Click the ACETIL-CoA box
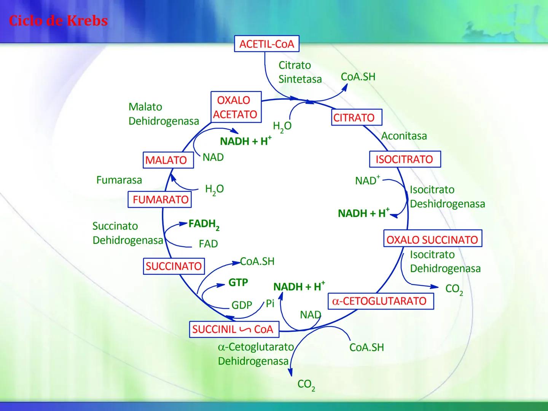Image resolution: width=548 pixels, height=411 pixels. coord(266,44)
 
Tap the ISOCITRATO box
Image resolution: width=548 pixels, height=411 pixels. coord(405,159)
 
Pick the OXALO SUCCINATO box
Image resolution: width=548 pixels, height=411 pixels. coord(432,240)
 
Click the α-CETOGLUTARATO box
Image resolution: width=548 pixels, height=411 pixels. coord(381,301)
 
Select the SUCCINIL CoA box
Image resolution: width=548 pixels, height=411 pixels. coord(234,329)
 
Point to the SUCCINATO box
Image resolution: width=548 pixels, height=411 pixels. coord(174,266)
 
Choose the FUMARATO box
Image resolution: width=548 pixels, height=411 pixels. coord(160,199)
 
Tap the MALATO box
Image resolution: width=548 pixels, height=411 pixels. coord(166,160)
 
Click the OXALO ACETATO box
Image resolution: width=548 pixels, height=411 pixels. coord(236,107)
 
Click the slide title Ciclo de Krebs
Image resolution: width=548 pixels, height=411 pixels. coord(58,21)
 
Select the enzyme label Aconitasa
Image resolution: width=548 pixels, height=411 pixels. coord(404,136)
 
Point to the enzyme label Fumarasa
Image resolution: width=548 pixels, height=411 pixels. coord(119,180)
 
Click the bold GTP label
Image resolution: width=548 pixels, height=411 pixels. coord(238,282)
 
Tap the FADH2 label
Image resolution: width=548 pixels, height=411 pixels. coord(204,224)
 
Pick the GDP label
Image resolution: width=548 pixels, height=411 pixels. coord(242,305)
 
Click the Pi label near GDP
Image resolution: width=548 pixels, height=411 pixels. coord(270,303)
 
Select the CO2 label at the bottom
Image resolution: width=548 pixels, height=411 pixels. coord(306,385)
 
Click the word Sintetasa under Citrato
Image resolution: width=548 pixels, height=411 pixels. coord(300,79)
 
